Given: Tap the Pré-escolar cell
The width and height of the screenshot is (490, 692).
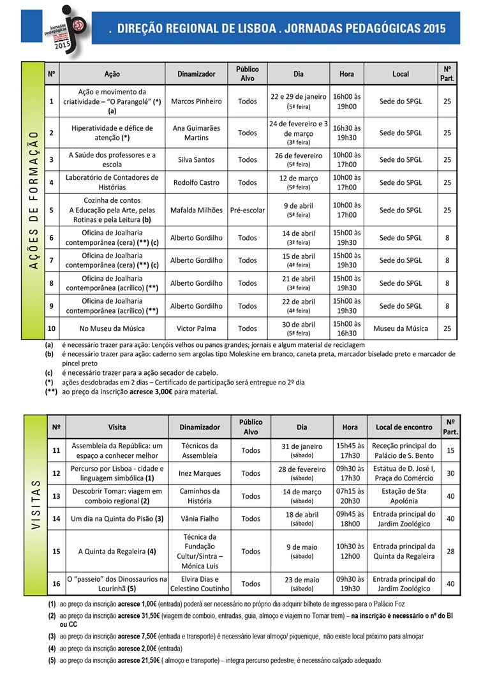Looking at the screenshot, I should point(248,210).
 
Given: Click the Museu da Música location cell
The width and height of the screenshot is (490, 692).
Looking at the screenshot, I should point(401,328).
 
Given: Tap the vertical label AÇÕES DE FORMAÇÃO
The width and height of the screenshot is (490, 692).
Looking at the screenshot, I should point(33,201).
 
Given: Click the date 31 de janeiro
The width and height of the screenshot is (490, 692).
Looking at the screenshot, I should point(302,446).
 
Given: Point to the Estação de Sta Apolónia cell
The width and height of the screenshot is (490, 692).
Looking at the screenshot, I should point(405,496).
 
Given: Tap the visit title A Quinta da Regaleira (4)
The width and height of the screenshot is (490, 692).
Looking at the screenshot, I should point(117,551).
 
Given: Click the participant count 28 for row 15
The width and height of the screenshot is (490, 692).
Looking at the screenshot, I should point(450,551).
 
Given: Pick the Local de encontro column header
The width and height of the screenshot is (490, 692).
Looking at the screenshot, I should point(405,427).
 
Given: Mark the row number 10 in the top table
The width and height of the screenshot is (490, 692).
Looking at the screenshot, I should point(52,328).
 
